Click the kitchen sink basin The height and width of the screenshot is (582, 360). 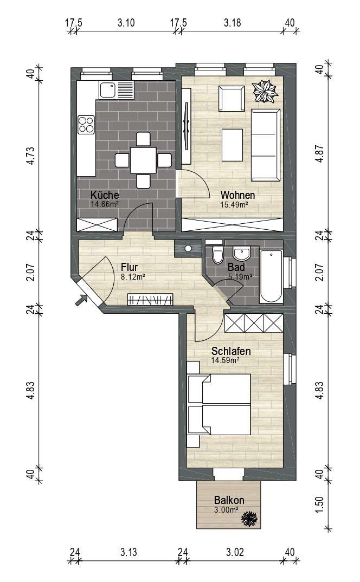(x=107, y=90)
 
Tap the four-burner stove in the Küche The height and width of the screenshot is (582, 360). (x=86, y=124)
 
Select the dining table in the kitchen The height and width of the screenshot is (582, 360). (x=143, y=160)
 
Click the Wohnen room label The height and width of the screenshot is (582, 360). (x=237, y=195)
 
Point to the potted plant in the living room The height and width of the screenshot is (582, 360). (x=265, y=91)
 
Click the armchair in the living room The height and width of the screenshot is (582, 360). (x=232, y=99)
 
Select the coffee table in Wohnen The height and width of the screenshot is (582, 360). (x=232, y=145)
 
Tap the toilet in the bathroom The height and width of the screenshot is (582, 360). (x=217, y=254)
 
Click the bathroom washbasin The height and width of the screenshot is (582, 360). (x=241, y=253)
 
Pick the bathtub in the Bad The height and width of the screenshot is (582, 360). (x=271, y=276)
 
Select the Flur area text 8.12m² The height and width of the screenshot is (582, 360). (x=133, y=276)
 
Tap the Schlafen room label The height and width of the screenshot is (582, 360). (x=231, y=351)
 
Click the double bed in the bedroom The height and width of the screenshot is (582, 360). (x=219, y=404)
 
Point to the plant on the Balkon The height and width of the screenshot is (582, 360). (x=249, y=518)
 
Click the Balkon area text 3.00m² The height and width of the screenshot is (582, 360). (x=226, y=510)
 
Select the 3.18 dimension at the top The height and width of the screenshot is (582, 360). (x=232, y=23)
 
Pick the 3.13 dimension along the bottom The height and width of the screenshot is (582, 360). (x=128, y=552)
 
